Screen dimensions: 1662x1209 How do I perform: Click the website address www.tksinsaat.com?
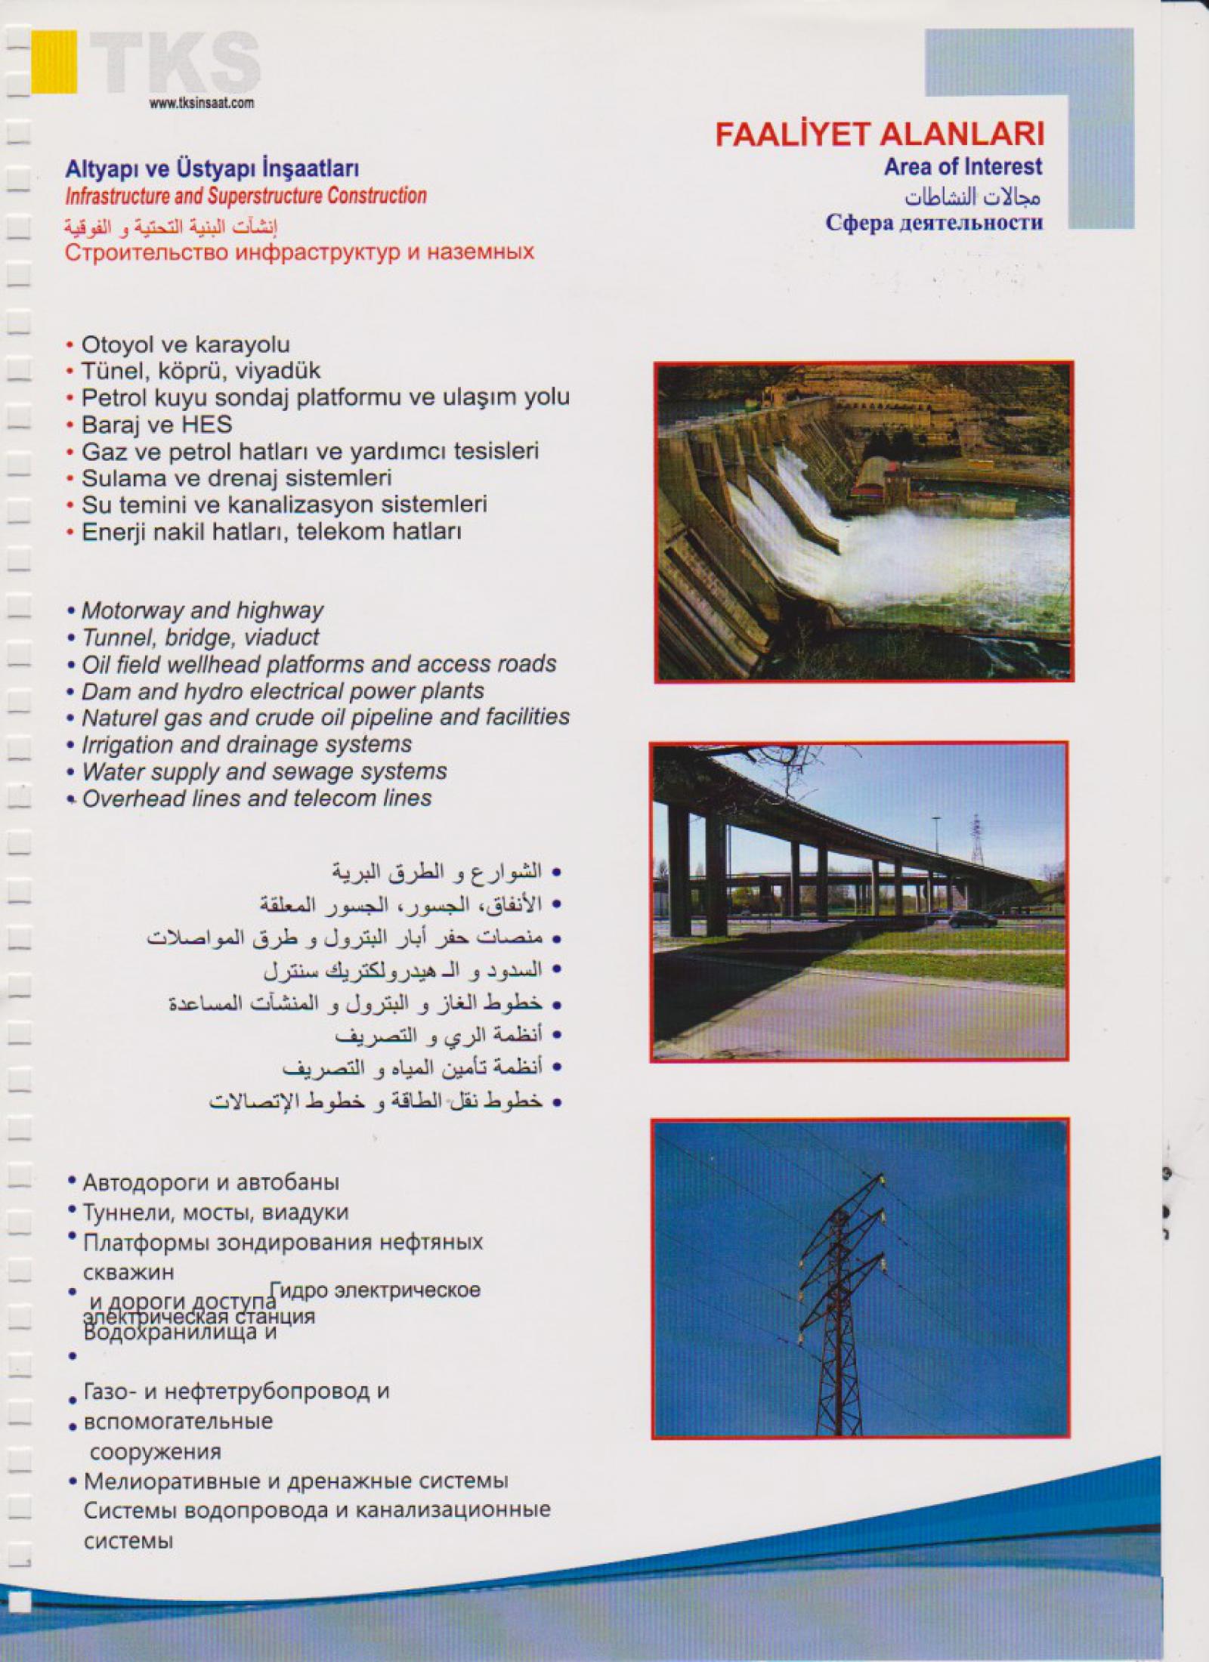coord(201,104)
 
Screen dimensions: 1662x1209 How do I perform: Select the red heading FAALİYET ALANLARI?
coord(880,136)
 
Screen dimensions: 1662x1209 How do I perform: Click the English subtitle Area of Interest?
coord(963,167)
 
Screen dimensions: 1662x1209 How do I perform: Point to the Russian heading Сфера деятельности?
coord(934,224)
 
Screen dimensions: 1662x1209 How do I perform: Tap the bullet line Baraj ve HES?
coord(156,425)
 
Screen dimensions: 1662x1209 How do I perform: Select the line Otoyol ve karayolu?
coord(185,344)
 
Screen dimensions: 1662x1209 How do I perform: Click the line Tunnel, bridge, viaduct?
coord(200,637)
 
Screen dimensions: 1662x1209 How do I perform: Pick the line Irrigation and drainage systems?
coord(246,744)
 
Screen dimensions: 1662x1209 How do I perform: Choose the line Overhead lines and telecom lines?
coord(257,799)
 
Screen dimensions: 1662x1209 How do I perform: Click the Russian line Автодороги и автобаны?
coord(211,1182)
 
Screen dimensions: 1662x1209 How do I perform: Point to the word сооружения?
coord(156,1451)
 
